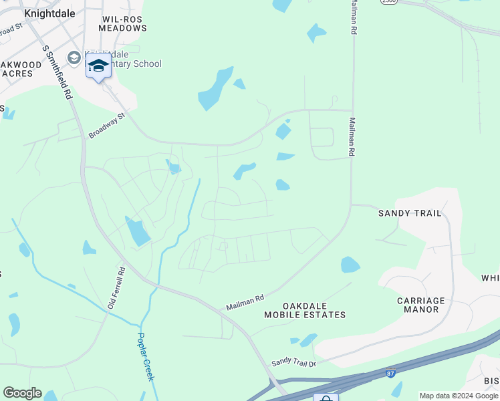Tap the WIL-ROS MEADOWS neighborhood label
coord(122,24)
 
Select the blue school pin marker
coord(98,66)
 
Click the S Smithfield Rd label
coord(57,72)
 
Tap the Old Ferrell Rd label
coord(116,289)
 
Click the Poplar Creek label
coord(146,357)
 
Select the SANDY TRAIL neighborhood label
coord(410,213)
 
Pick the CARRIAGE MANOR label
coord(421,305)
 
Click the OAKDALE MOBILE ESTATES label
coord(305,309)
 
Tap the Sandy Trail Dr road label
coord(293,362)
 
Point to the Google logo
coord(22,393)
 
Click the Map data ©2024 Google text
coord(459,396)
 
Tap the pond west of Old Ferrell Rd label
coord(90,248)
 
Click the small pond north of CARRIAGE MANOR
coord(350,265)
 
